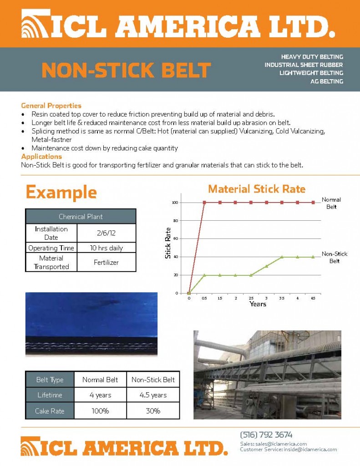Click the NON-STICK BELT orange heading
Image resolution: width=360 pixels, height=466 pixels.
click(x=126, y=71)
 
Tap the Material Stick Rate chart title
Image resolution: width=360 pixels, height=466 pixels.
click(x=257, y=189)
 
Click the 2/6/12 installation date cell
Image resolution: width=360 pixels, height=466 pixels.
click(x=106, y=233)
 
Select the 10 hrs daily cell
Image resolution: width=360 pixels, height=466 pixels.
click(x=106, y=248)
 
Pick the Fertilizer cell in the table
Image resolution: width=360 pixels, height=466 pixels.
click(x=106, y=262)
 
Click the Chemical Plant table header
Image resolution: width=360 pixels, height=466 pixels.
click(x=81, y=216)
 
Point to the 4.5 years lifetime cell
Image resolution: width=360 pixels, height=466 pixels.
click(x=153, y=395)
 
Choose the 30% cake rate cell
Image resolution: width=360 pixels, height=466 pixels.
click(x=153, y=411)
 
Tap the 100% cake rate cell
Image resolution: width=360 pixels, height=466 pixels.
click(x=100, y=411)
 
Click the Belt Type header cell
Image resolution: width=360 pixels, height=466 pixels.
click(x=50, y=380)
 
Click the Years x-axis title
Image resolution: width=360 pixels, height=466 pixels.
click(x=258, y=304)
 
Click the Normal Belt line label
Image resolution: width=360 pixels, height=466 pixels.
click(x=331, y=203)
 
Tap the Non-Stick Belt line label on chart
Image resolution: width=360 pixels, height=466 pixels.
click(x=334, y=258)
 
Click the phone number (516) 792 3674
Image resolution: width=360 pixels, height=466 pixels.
click(x=266, y=435)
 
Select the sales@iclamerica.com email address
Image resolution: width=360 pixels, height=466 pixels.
click(x=281, y=444)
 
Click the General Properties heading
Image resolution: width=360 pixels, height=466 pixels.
click(x=51, y=106)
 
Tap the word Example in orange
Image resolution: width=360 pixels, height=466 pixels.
click(x=61, y=192)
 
